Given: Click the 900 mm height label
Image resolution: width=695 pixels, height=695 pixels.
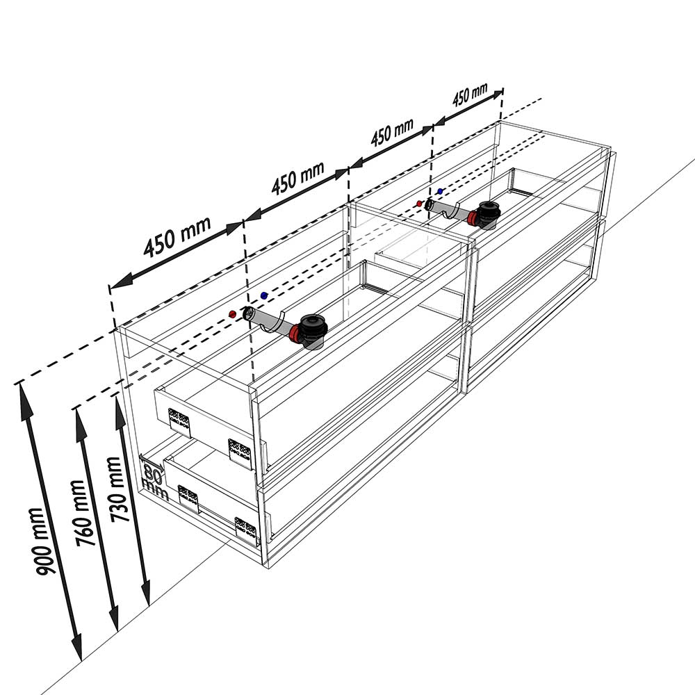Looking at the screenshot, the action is tap(42, 541).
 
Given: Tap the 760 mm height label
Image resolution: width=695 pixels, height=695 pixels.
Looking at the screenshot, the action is tap(83, 513).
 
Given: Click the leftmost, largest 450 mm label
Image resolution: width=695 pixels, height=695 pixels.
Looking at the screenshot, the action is tap(177, 237).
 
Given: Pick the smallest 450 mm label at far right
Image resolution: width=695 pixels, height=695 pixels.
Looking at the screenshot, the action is tap(470, 95).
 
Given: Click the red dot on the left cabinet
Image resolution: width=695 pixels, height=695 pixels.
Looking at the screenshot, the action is tap(232, 314).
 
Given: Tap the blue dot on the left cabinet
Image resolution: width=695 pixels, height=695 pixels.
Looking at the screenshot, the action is tap(264, 295).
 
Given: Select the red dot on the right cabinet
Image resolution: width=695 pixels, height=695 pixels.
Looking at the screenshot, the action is tap(419, 204).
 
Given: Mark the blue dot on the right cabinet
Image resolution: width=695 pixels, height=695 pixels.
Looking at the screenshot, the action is tap(440, 191).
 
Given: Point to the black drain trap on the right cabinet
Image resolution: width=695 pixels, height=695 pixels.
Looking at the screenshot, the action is tap(486, 215).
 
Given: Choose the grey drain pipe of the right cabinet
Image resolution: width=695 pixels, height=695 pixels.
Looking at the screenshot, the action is tap(448, 210).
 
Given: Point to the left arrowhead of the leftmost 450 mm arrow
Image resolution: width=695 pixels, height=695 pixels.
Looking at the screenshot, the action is tap(122, 281).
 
